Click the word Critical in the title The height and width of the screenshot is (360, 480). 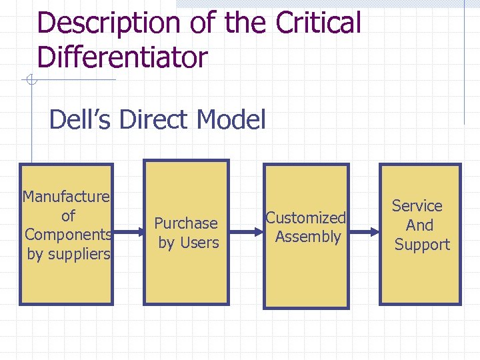(317, 23)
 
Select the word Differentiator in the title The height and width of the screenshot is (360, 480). (123, 57)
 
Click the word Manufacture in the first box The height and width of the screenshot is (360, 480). (66, 197)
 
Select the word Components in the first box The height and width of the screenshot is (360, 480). (67, 235)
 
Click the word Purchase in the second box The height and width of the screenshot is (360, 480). (186, 223)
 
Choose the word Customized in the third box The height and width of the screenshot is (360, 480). (306, 217)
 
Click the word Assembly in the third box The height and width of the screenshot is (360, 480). (308, 237)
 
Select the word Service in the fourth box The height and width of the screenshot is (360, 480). (417, 206)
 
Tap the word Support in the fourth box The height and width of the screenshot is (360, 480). (422, 245)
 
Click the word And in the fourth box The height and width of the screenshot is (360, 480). (419, 225)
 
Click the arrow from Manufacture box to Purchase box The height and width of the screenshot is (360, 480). (129, 233)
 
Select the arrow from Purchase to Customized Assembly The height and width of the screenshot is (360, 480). (246, 233)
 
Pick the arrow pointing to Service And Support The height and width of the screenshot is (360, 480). (364, 233)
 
